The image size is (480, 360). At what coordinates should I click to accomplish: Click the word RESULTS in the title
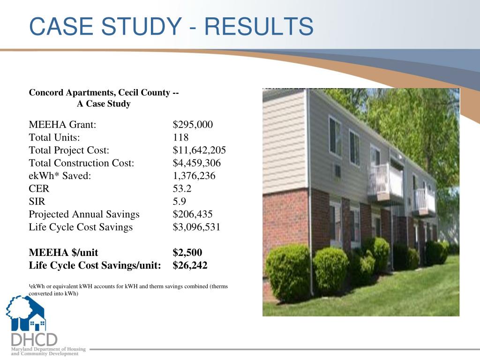click(259, 26)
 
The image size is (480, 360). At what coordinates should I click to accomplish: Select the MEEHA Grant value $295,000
click(193, 125)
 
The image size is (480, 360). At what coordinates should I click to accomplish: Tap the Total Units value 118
click(180, 137)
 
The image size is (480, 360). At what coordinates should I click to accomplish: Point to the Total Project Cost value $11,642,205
click(199, 150)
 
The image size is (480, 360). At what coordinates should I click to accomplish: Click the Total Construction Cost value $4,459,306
click(196, 163)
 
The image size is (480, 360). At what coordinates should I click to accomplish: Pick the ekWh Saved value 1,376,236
click(195, 176)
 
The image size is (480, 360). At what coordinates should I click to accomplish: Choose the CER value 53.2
click(182, 189)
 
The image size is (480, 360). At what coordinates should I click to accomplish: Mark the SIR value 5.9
click(179, 202)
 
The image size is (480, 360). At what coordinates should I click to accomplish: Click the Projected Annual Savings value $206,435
click(193, 214)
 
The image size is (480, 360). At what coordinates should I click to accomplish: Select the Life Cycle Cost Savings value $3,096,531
click(196, 227)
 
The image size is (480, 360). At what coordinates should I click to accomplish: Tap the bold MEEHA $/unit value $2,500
click(187, 253)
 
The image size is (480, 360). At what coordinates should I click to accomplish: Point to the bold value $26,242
click(190, 266)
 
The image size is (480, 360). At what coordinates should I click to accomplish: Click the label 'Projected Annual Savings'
click(84, 214)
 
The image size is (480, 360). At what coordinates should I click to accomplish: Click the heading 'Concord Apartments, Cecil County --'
click(104, 92)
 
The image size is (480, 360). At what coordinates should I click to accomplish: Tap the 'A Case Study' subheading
click(104, 104)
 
